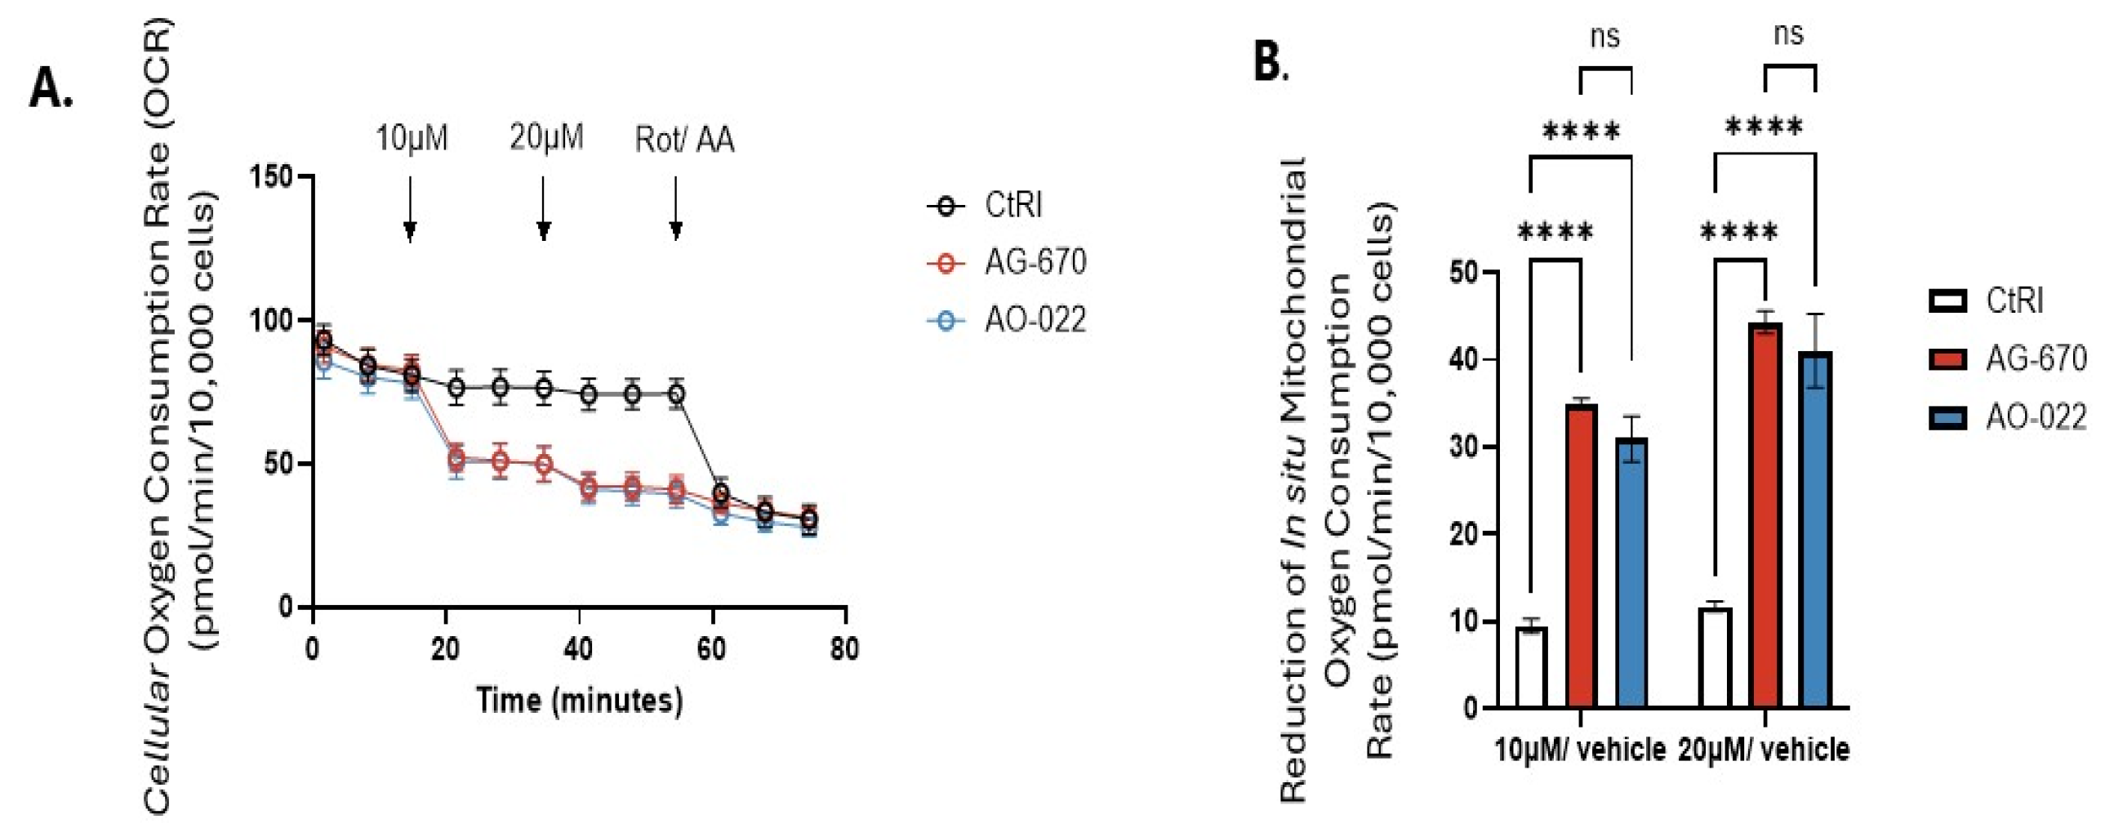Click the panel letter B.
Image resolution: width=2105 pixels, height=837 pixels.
click(x=1270, y=62)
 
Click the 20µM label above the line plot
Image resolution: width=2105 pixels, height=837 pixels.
click(x=546, y=137)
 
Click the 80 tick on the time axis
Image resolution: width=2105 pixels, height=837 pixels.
click(x=844, y=650)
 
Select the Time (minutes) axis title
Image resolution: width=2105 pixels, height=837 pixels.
click(x=579, y=701)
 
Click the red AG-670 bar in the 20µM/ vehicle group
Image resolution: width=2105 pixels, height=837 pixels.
click(x=1766, y=515)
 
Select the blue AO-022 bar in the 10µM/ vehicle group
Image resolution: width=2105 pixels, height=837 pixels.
click(x=1631, y=572)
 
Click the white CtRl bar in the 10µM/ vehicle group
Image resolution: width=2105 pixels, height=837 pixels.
click(x=1531, y=667)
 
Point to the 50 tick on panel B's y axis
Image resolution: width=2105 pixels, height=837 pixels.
click(x=1462, y=271)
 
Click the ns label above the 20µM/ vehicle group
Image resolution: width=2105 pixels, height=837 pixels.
click(x=1788, y=34)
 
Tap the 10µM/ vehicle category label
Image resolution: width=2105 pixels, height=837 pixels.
click(x=1580, y=750)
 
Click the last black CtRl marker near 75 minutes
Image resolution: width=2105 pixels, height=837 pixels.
click(x=809, y=519)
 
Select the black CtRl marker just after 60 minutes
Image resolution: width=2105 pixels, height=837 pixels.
click(x=720, y=494)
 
